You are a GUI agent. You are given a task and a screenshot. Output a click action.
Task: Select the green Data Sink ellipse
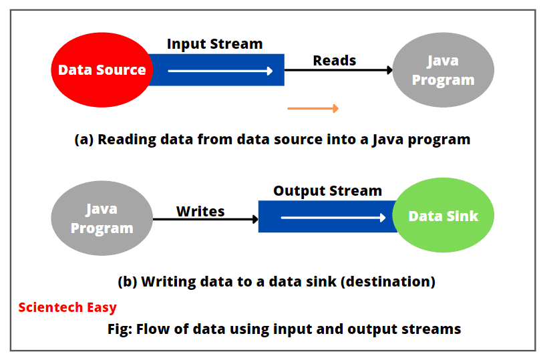tap(443, 216)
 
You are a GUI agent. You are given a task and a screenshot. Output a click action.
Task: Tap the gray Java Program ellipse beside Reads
tap(443, 70)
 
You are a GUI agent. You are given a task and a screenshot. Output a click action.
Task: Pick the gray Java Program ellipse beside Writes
tap(102, 218)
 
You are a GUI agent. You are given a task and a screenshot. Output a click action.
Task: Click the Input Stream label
tap(214, 44)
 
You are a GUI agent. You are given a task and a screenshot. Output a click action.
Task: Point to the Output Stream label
tap(327, 190)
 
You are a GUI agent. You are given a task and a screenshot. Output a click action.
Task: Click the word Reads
tap(335, 60)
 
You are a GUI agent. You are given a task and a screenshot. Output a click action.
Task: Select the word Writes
tap(200, 211)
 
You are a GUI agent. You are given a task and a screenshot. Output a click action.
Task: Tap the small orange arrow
tap(313, 108)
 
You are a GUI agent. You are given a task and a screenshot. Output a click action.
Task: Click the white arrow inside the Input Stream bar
tap(220, 71)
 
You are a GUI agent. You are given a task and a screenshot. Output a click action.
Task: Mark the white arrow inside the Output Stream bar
tap(333, 218)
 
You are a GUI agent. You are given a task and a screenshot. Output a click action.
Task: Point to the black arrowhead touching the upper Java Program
tap(389, 69)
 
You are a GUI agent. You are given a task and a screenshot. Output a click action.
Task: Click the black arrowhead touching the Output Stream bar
tap(254, 218)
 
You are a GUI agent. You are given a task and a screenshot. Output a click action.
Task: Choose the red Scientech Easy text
tap(67, 307)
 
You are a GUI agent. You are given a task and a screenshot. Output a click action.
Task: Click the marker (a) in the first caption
tap(84, 140)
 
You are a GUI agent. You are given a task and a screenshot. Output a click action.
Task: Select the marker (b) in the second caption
tap(128, 281)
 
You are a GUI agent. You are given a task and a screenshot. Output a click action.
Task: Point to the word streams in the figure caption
tap(434, 329)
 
